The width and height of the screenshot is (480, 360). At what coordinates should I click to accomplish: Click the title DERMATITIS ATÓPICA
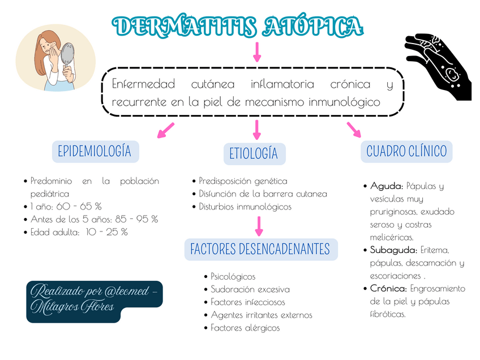(238, 26)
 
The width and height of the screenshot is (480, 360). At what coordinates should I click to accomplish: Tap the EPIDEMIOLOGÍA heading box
(95, 151)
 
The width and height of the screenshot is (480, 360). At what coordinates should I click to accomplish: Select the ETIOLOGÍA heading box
(254, 154)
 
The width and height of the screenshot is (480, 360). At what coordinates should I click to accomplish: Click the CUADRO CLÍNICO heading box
(406, 151)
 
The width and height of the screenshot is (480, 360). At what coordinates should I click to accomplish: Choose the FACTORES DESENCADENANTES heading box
(260, 249)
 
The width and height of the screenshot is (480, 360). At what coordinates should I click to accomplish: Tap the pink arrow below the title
(257, 52)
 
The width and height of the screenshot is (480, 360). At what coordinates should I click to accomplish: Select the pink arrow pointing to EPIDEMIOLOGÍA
(165, 131)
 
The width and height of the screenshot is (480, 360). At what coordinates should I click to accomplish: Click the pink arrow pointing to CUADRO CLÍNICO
(354, 130)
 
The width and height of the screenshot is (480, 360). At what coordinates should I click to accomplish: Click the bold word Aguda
(387, 186)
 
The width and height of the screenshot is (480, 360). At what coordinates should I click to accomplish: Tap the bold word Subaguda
(393, 250)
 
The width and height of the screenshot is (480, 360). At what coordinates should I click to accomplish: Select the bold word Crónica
(389, 289)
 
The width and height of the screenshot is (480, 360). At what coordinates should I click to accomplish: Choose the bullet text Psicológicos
(233, 277)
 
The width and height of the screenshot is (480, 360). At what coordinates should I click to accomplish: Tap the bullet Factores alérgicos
(245, 328)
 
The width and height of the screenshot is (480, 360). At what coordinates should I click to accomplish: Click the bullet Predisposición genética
(243, 181)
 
